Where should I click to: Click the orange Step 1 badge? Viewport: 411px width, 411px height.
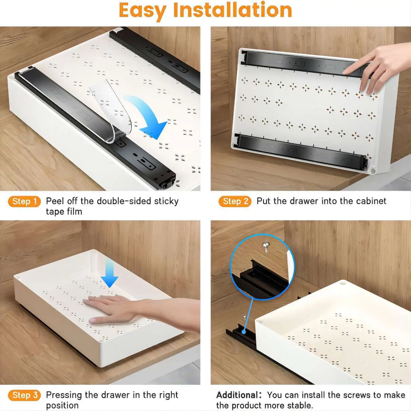[24, 201]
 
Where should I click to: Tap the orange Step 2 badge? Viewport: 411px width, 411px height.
[235, 201]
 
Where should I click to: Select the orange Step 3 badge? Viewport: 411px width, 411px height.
[24, 395]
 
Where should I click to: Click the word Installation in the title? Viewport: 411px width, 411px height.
[232, 10]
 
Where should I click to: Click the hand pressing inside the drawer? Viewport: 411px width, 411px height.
[114, 309]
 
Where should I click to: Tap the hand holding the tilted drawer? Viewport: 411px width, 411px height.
[375, 68]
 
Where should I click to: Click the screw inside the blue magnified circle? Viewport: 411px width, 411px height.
[266, 246]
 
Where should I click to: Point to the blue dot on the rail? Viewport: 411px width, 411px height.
[244, 332]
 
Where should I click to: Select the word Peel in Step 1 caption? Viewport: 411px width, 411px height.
[55, 201]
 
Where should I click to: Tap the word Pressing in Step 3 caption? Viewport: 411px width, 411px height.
[64, 395]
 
